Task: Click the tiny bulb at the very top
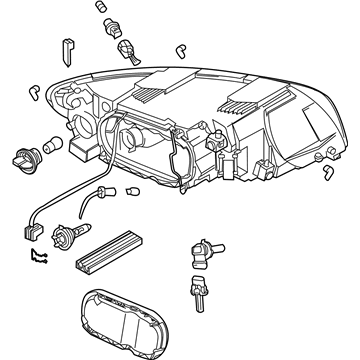[x=104, y=9]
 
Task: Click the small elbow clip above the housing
[x=180, y=48]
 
